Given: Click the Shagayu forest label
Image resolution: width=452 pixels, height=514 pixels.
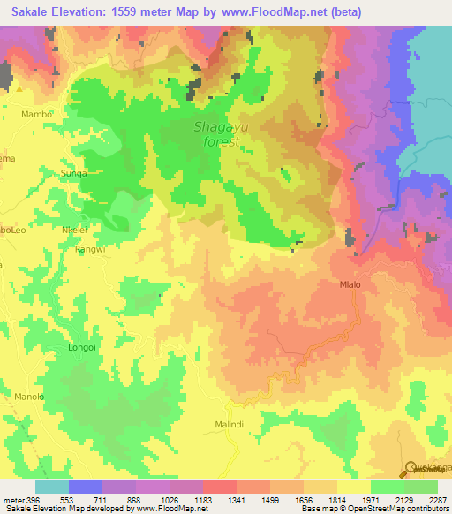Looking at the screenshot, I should pos(216,133).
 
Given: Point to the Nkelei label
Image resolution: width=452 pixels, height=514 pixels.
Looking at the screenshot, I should pos(73,230).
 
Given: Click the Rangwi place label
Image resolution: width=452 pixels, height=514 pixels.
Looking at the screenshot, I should pos(90,249).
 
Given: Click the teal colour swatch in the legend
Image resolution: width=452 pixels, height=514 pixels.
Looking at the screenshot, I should pos(52,486).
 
